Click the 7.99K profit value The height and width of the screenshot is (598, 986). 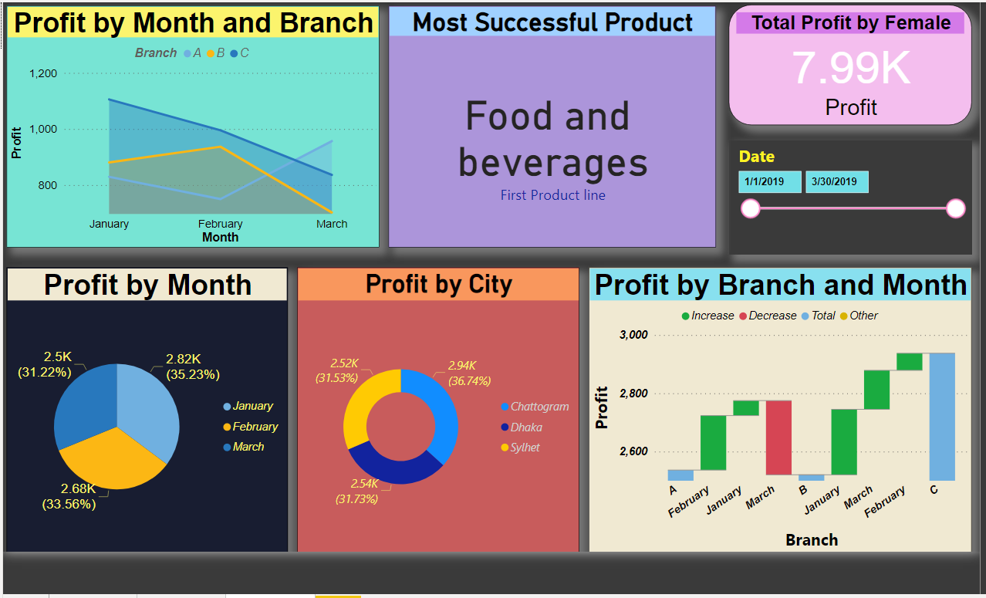click(x=851, y=68)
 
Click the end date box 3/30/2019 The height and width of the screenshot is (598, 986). click(x=837, y=182)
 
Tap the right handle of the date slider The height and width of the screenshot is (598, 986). click(x=955, y=208)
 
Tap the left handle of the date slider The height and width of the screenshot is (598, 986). click(x=750, y=208)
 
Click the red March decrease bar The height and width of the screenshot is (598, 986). click(x=778, y=438)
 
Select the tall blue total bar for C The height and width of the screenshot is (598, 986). click(x=942, y=417)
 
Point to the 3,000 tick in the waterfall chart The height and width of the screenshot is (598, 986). click(x=633, y=335)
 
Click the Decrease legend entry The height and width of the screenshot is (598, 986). click(x=768, y=316)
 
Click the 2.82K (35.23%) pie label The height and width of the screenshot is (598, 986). click(x=192, y=367)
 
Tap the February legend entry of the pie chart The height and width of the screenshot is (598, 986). click(x=255, y=427)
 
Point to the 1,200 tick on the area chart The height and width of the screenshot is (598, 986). click(x=43, y=73)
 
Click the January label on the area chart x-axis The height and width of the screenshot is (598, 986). click(x=109, y=225)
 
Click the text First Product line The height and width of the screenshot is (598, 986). click(x=552, y=195)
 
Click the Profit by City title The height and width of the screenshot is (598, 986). click(x=438, y=284)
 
